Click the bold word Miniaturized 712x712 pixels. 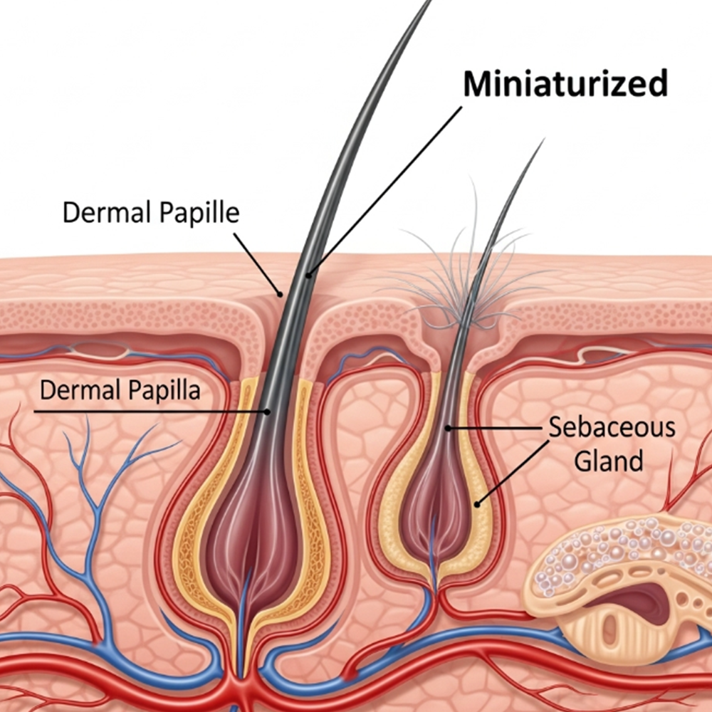click(565, 84)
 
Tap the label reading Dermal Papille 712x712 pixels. click(151, 212)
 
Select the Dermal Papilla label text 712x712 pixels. click(120, 389)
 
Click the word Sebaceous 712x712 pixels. click(612, 428)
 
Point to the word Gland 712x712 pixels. click(609, 460)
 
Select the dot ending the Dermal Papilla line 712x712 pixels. click(268, 411)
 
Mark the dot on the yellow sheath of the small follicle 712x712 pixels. click(478, 504)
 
